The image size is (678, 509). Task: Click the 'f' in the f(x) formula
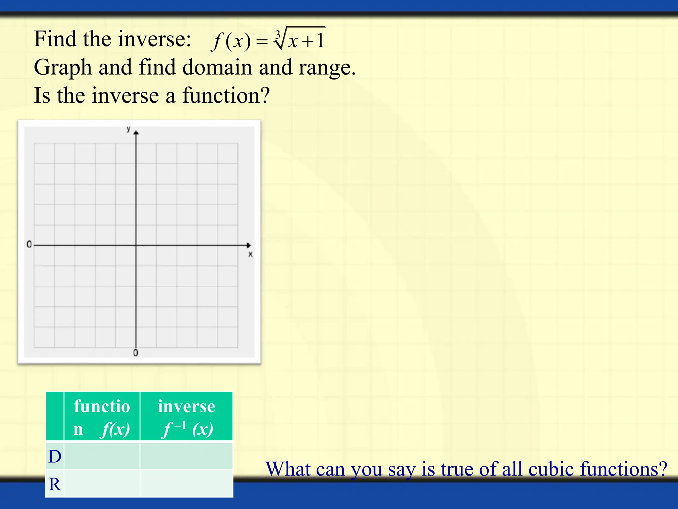pos(217,42)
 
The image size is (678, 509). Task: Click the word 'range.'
pos(327,68)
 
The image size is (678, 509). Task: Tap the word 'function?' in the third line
pos(226,95)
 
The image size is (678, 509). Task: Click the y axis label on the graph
pos(128,129)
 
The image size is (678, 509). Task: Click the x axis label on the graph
pos(250,254)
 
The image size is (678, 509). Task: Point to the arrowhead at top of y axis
pos(136,133)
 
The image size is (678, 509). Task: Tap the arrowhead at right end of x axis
pos(249,245)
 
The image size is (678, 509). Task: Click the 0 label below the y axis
pos(136,353)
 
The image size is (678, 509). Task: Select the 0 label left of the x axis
pos(29,245)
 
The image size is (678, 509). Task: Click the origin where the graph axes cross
pos(136,245)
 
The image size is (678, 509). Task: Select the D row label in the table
pos(55,456)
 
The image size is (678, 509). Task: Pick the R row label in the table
pos(55,484)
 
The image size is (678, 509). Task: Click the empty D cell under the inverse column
pos(186,456)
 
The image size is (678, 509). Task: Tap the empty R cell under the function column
pos(102,484)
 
